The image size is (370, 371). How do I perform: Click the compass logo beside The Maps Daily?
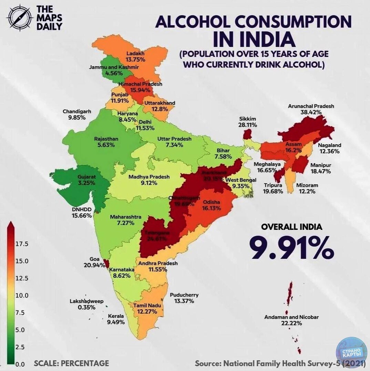[x=20, y=18]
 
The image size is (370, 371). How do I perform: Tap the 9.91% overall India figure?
[x=292, y=248]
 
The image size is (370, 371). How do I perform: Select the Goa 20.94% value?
[x=94, y=265]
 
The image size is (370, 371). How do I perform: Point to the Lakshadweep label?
[x=86, y=302]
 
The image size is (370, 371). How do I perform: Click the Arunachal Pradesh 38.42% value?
[x=311, y=112]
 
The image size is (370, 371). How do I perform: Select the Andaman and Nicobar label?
[x=291, y=317]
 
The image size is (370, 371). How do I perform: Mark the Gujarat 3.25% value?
[x=86, y=181]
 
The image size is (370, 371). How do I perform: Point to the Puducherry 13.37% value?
[x=184, y=301]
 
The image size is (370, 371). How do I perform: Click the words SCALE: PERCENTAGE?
[x=71, y=363]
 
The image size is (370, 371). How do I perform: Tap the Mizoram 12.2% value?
[x=305, y=191]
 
